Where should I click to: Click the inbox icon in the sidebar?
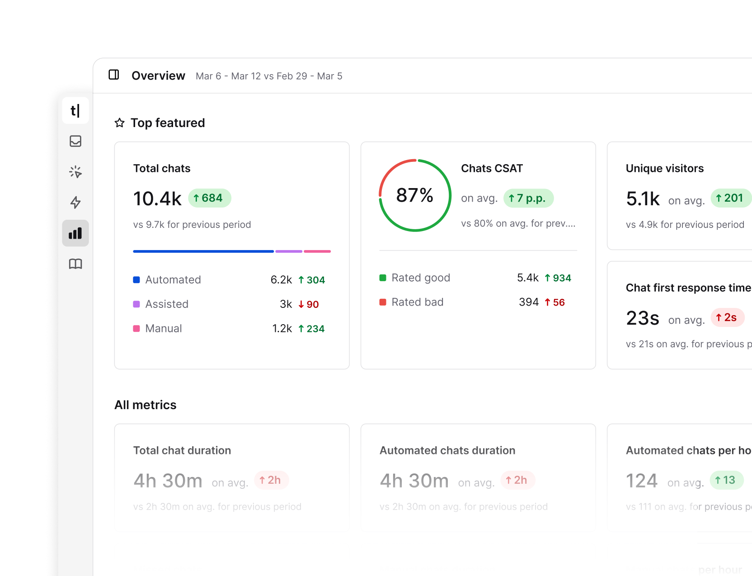point(75,141)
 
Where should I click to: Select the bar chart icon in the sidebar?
point(75,233)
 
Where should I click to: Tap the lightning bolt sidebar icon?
point(75,202)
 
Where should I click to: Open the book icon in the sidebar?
point(75,264)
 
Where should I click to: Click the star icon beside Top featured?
point(119,123)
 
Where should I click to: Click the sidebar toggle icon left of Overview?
point(114,75)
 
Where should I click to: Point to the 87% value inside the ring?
point(414,195)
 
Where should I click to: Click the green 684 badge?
point(209,198)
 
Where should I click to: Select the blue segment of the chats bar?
point(203,251)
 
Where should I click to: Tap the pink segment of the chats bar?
point(317,251)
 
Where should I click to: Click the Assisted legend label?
point(167,304)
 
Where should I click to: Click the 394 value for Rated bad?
point(528,302)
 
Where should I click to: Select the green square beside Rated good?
point(383,278)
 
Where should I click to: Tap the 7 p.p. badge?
point(528,198)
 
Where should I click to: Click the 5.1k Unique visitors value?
point(643,199)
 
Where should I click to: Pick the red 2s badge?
point(727,318)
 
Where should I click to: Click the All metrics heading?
point(146,405)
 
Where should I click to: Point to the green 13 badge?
point(726,480)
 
